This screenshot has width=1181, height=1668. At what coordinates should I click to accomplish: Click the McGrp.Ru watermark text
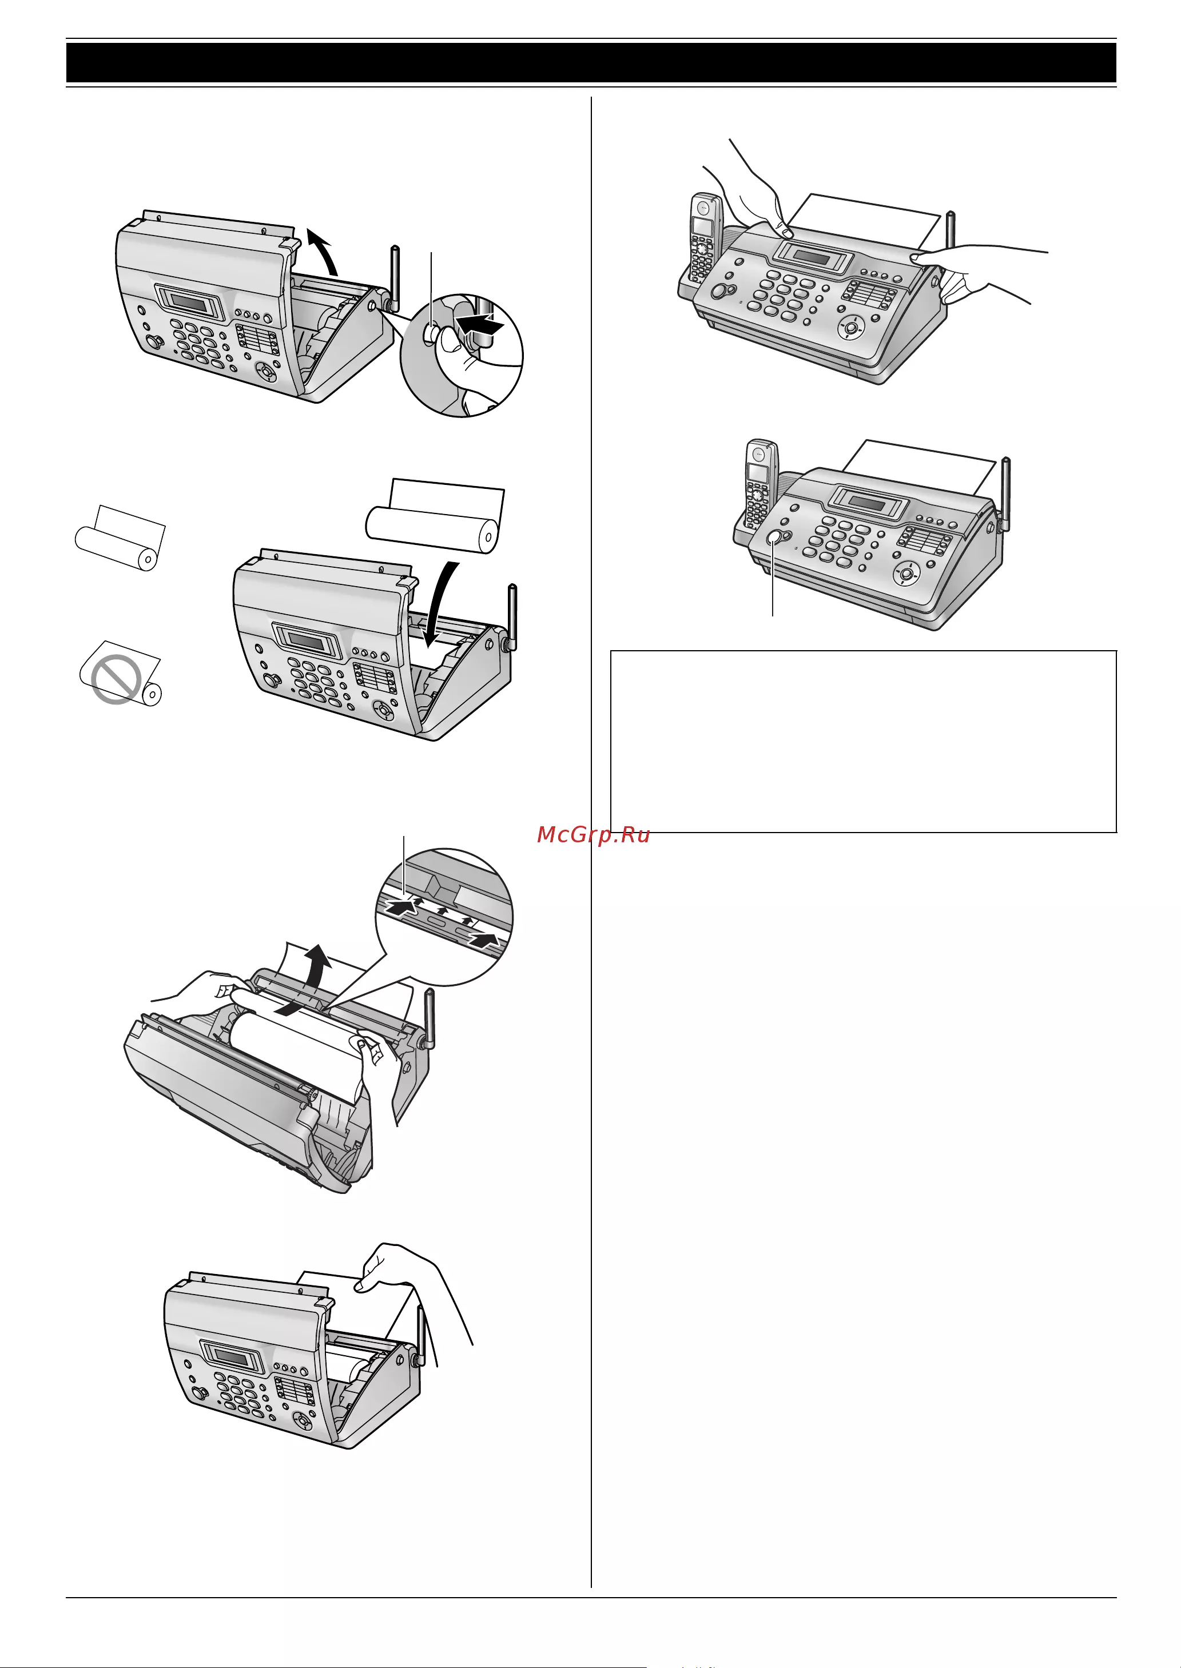594,835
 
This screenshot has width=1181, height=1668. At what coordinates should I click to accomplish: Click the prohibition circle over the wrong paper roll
116,679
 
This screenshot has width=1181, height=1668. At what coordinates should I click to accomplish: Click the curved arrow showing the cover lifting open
324,250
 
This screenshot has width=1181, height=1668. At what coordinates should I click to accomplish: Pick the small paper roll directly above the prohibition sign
121,538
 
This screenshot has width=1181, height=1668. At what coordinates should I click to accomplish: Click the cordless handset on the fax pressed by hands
703,238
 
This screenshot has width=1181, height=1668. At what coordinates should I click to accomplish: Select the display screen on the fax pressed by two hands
812,257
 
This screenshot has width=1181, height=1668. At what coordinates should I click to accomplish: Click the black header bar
590,62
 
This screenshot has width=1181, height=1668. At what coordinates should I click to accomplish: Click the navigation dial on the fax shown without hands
906,573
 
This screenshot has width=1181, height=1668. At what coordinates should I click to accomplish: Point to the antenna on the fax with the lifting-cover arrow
394,276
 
